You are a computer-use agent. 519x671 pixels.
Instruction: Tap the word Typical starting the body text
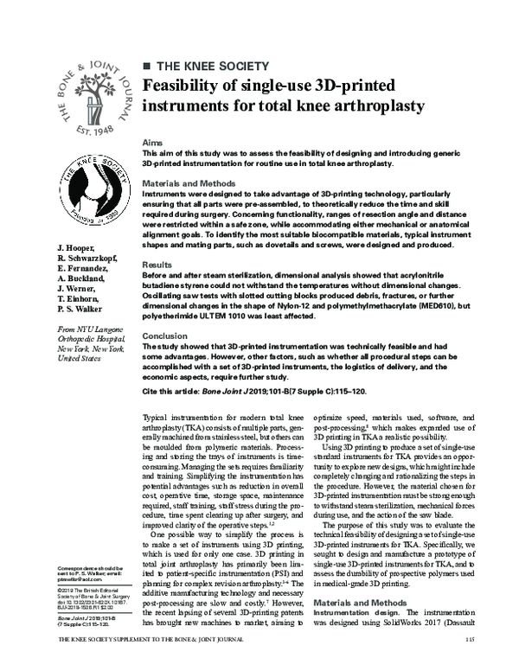click(x=157, y=418)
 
